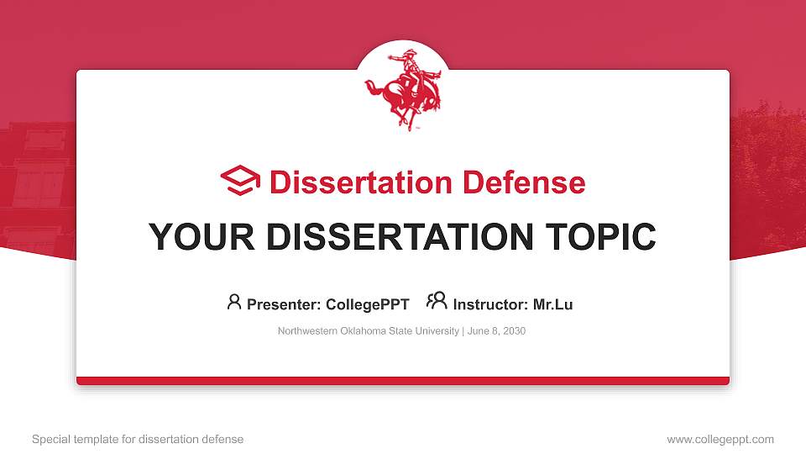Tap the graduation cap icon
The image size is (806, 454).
pos(241,182)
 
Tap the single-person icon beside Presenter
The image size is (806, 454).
pos(234,302)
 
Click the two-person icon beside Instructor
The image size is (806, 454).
pos(437,302)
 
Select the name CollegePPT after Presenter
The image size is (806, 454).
pos(369,304)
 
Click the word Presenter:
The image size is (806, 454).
pos(282,304)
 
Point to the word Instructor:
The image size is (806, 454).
pos(490,304)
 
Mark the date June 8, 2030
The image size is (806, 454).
pos(496,331)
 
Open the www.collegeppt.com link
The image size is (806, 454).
pos(720,439)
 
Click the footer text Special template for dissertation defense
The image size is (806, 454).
pos(138,439)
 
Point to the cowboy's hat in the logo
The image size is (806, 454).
pos(410,55)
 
